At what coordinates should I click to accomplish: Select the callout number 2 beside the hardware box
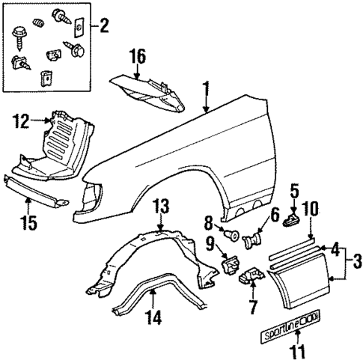pyautogui.click(x=103, y=29)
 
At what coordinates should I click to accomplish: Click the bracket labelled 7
pyautogui.click(x=248, y=279)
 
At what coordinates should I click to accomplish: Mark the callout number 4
pyautogui.click(x=336, y=246)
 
